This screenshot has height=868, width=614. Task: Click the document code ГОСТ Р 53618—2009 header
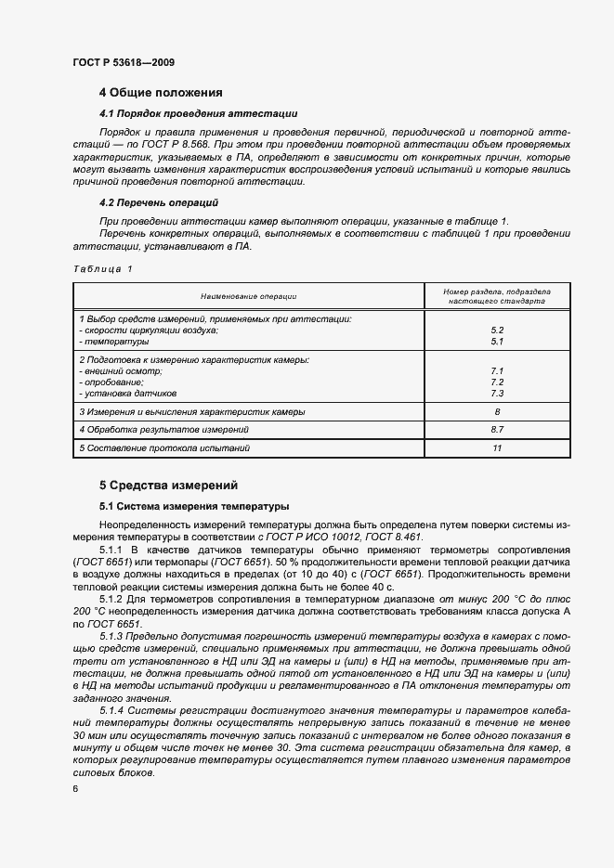(x=123, y=62)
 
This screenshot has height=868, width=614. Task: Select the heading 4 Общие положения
(x=161, y=93)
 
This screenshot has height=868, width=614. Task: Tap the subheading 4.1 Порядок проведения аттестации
(x=198, y=113)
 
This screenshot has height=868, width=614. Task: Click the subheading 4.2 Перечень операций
(x=158, y=201)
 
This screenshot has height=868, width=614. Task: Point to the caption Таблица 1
(x=102, y=268)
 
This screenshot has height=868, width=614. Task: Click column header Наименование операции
(x=247, y=296)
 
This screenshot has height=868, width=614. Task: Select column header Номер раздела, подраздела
(x=496, y=291)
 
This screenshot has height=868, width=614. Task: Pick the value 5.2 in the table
(x=496, y=330)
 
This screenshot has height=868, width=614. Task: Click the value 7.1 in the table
(x=496, y=370)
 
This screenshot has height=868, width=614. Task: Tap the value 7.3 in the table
(x=496, y=394)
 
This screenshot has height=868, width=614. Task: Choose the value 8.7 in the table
(x=496, y=430)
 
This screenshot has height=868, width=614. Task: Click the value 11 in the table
(x=496, y=448)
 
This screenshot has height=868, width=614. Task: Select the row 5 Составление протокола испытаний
(x=164, y=448)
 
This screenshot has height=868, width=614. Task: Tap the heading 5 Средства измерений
(x=168, y=485)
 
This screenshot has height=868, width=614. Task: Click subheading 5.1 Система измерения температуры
(x=194, y=507)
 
